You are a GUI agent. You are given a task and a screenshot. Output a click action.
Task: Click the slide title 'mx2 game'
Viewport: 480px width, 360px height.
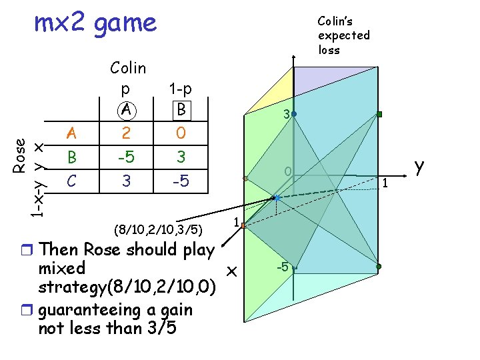click(95, 24)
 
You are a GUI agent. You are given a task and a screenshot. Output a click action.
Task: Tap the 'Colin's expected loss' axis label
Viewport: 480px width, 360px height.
click(343, 35)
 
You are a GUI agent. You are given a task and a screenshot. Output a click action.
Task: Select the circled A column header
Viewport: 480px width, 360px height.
click(124, 109)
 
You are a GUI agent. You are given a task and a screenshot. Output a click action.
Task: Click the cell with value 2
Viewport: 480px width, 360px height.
click(124, 133)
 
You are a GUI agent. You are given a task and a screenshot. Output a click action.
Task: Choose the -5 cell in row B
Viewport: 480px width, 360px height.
click(124, 158)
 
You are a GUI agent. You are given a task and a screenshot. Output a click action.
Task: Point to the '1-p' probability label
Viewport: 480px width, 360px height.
click(180, 88)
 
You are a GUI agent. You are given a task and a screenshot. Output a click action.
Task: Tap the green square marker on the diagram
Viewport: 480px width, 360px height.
click(379, 115)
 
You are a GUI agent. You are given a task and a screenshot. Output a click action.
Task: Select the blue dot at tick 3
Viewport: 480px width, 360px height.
click(293, 115)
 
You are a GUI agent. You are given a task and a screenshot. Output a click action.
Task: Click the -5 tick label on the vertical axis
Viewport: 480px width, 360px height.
click(283, 267)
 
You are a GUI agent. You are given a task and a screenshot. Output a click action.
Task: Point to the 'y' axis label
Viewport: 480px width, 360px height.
click(419, 167)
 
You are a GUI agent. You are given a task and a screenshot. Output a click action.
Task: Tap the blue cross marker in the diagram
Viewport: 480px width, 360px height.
click(275, 197)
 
